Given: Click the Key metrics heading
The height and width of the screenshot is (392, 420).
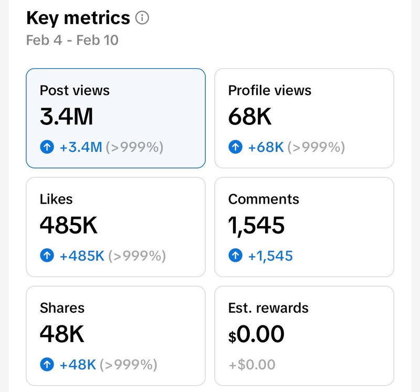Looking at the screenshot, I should point(78,18).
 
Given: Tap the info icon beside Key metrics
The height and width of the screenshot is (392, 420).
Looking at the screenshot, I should point(142,18).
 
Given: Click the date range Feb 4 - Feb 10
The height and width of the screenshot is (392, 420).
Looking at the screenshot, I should point(72,40).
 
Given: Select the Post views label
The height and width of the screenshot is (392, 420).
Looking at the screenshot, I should point(75,90).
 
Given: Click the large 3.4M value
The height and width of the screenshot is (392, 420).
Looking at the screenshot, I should point(66,116).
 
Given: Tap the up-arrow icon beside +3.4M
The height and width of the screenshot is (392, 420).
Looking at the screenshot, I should point(47,147).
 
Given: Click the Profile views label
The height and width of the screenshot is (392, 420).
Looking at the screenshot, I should point(269,90).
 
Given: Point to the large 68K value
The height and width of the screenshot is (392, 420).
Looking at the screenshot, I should point(250,116).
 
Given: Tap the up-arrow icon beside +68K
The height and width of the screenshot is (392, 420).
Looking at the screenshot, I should point(235,147).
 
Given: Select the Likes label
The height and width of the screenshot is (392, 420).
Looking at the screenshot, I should point(56,199).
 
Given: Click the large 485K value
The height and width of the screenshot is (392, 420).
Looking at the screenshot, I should point(69,226).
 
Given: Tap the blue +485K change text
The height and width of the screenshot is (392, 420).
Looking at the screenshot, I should point(82,256).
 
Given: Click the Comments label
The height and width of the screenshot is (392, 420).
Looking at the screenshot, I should point(264,199).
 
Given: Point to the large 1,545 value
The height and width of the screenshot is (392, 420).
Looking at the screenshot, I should point(256,226).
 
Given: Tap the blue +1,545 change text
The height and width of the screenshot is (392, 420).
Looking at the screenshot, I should point(270,256).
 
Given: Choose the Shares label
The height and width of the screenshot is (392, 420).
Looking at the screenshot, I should point(62,308).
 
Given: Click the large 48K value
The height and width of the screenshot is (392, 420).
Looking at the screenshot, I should point(62,334).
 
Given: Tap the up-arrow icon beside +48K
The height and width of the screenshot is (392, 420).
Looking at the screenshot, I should point(47,365).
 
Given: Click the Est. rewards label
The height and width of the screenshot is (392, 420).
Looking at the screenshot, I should point(268,308).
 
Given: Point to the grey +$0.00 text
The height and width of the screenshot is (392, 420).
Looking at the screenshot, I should point(251,365).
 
